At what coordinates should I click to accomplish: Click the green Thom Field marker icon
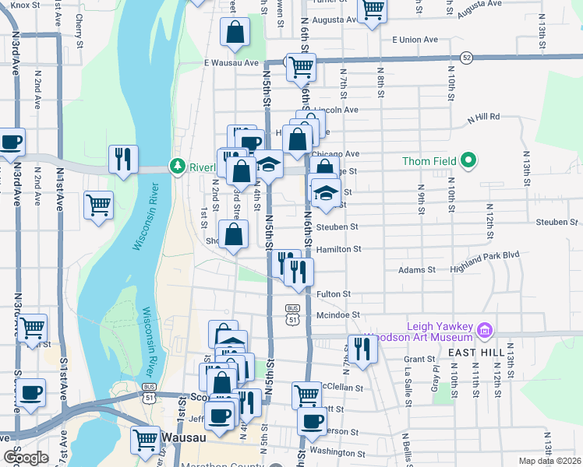[x=468, y=161]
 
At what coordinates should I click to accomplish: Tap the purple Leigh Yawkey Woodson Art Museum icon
[x=485, y=331]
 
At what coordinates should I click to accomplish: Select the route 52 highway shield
[x=466, y=57]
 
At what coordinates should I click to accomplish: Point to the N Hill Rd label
[x=483, y=118]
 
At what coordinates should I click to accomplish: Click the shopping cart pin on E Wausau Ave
[x=300, y=67]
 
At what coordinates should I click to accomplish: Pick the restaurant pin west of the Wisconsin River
[x=123, y=159]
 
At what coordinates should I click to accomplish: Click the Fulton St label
[x=334, y=294]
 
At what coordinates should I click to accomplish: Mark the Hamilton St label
[x=339, y=249]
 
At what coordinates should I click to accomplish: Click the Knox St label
[x=25, y=5]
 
